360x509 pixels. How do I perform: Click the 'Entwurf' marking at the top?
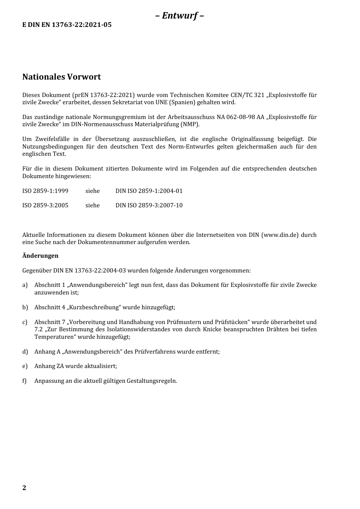180,16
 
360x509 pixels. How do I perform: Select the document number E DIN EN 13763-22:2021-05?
67,25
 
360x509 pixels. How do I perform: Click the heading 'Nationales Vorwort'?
61,77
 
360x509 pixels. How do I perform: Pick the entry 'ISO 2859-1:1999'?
45,191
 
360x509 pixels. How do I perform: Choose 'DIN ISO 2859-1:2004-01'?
149,191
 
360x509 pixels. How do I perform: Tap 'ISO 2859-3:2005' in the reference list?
45,205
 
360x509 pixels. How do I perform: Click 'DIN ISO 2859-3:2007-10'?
149,205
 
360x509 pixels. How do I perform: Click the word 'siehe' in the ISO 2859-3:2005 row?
92,205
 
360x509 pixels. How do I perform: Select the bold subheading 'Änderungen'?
40,256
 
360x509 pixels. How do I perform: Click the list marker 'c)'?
25,322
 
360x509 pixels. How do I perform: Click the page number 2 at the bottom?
24,488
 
